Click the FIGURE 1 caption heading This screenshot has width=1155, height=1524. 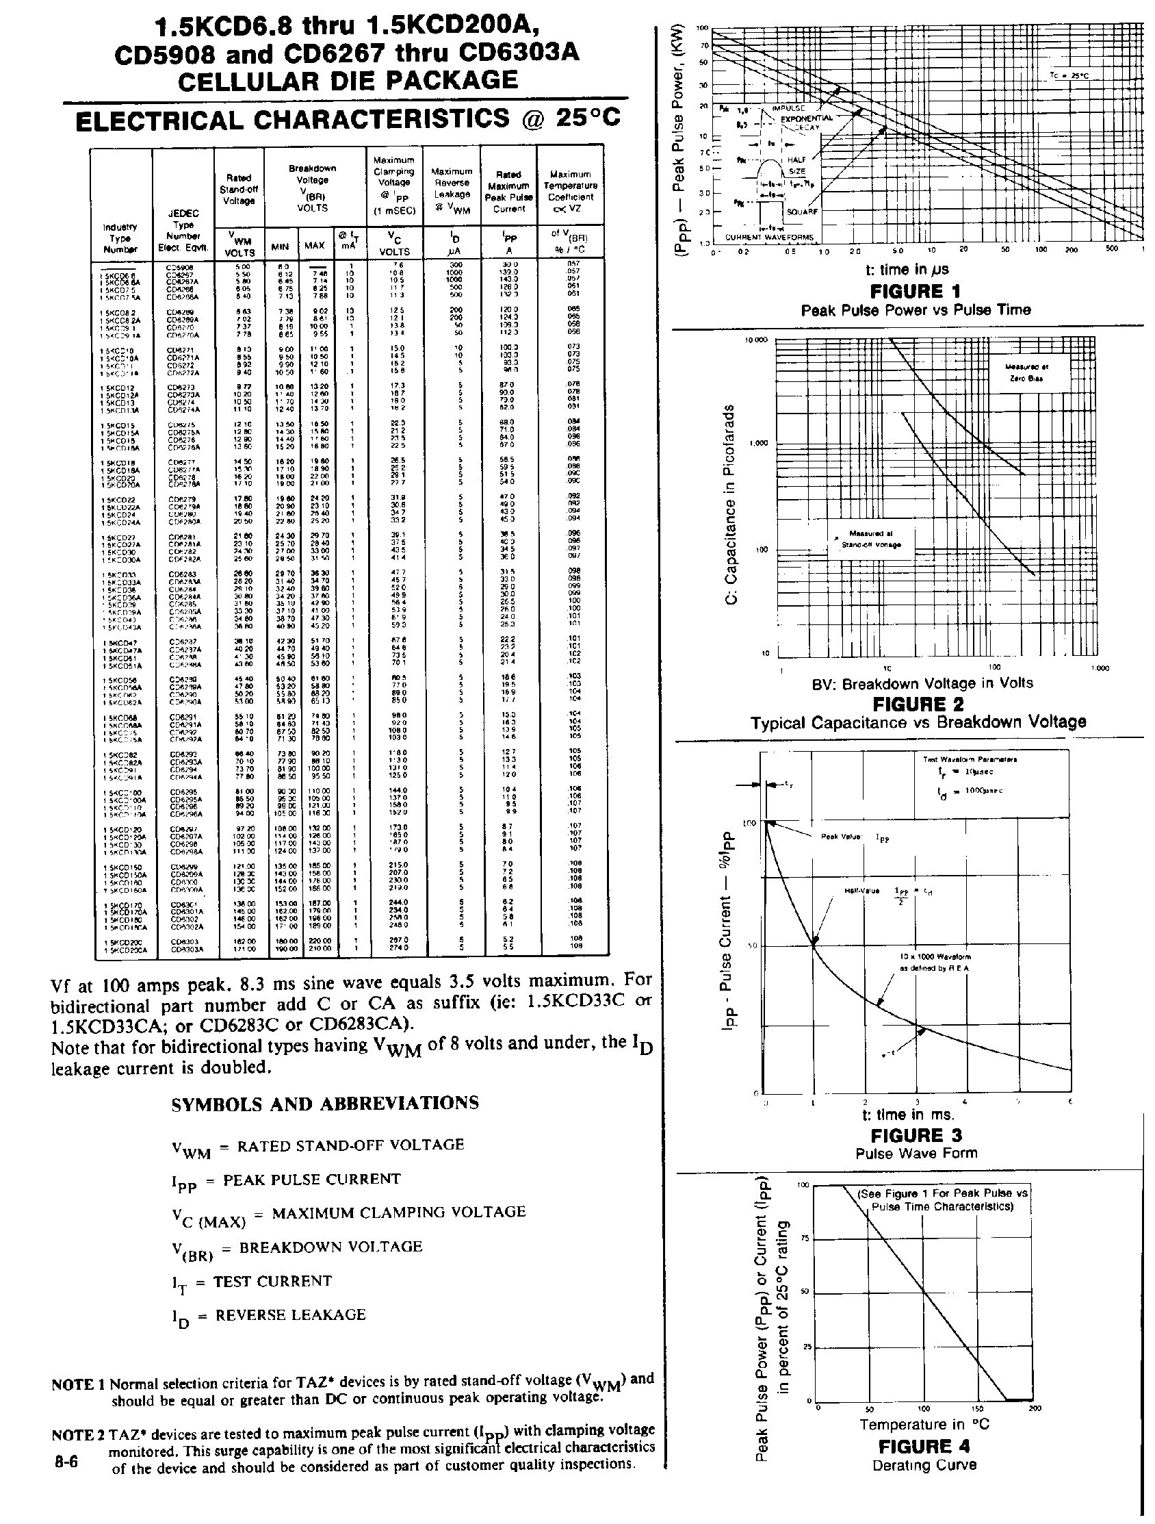click(x=916, y=292)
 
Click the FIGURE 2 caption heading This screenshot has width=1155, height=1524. click(x=918, y=704)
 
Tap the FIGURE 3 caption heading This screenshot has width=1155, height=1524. click(x=916, y=1134)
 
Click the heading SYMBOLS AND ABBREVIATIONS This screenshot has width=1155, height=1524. click(x=324, y=1104)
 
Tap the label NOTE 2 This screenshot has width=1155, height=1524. click(x=77, y=1435)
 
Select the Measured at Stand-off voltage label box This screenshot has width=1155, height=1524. click(x=871, y=539)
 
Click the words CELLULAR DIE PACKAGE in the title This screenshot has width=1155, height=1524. click(x=347, y=81)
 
